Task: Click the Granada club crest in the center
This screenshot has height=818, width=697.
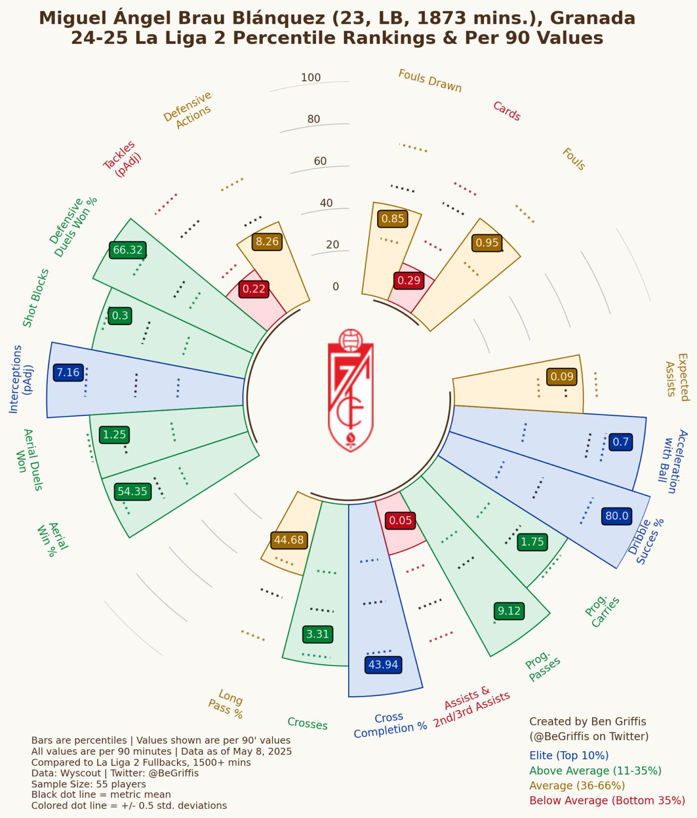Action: [350, 390]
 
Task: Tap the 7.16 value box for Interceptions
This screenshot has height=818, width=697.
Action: [68, 372]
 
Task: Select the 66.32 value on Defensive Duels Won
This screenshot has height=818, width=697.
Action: [128, 250]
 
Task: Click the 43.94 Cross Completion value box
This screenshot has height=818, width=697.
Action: [383, 664]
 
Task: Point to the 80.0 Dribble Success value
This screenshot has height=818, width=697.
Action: [617, 515]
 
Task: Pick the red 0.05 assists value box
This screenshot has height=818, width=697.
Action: [400, 520]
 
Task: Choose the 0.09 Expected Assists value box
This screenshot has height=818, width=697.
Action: [561, 377]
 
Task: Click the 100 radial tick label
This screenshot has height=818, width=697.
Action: [311, 77]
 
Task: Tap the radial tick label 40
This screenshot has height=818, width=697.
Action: [326, 203]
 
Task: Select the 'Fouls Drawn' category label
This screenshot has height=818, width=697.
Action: [430, 81]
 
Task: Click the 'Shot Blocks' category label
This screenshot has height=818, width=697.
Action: [36, 298]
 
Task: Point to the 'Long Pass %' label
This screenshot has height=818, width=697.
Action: [226, 703]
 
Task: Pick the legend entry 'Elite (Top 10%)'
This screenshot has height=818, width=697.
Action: [569, 755]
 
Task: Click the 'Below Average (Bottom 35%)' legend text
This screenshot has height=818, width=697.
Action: [607, 800]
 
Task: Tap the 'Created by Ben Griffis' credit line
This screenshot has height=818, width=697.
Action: [587, 722]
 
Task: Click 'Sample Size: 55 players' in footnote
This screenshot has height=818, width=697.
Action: [89, 784]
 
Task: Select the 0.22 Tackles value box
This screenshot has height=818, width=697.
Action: [253, 289]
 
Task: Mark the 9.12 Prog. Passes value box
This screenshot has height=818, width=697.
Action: [509, 611]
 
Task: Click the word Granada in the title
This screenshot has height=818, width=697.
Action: [592, 18]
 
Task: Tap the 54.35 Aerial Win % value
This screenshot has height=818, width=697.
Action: [132, 491]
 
